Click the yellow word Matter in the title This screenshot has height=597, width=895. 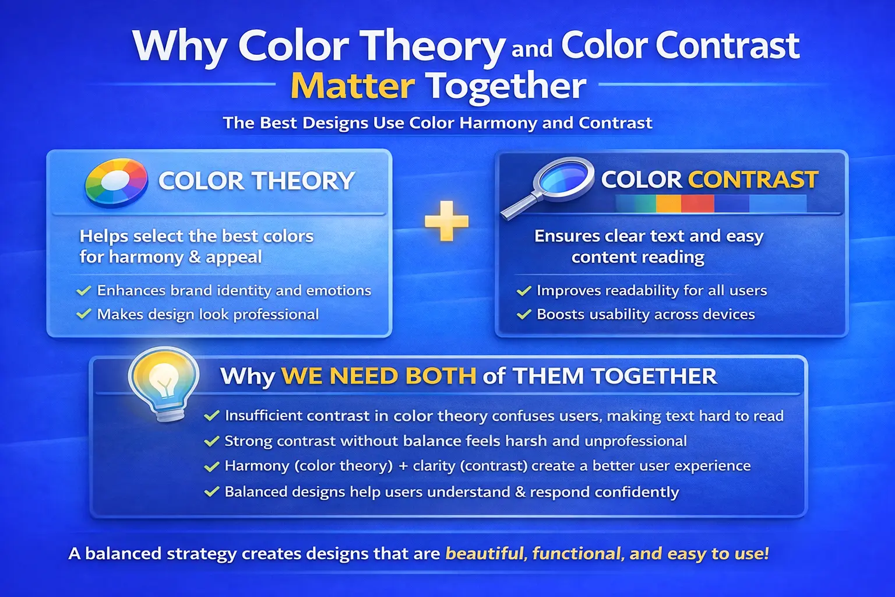pos(353,86)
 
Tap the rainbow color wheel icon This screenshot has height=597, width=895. pos(116,182)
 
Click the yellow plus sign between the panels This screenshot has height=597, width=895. pos(446,221)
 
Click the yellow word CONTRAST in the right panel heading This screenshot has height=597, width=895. pos(753,180)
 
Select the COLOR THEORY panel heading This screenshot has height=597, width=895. pos(256,181)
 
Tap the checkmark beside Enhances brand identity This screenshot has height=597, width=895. pos(84,290)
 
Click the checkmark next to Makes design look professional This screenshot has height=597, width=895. pos(84,314)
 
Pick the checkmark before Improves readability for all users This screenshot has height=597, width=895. pos(524,290)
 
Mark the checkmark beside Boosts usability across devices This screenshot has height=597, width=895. pos(524,314)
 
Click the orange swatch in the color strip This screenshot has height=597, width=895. pos(668,203)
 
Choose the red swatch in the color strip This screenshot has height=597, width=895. pos(697,203)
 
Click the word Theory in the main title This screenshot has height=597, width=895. pos(431,47)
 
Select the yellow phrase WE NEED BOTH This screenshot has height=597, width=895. pos(379,376)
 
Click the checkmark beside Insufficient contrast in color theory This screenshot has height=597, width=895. pos(212,416)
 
